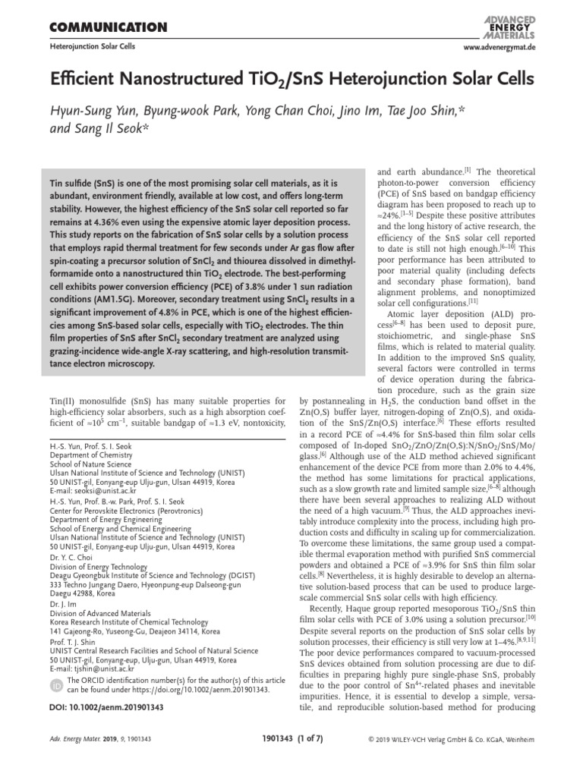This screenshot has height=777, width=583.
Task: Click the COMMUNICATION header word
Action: coord(107,28)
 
